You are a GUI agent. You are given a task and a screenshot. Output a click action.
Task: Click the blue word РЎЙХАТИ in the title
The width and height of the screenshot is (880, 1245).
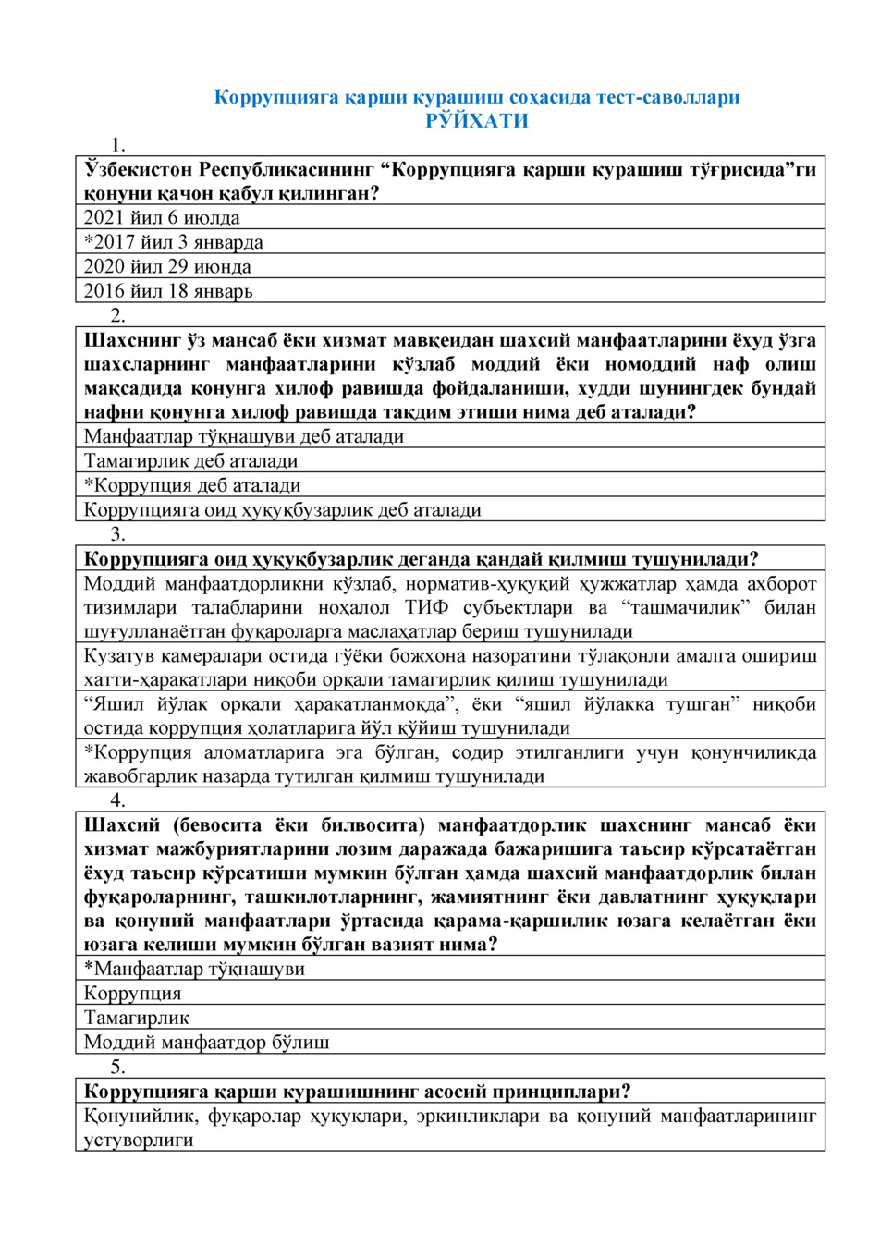477,121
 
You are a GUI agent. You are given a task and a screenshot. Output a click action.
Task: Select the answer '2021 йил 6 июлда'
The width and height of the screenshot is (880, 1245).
162,218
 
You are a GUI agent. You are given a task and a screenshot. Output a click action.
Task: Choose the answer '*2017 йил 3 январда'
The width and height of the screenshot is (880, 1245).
173,242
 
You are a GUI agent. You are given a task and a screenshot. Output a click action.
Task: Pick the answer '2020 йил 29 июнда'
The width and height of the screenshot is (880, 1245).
167,266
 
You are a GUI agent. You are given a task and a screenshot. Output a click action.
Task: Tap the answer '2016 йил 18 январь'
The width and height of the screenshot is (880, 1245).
168,291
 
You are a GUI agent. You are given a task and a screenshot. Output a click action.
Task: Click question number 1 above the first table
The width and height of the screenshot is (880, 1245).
117,145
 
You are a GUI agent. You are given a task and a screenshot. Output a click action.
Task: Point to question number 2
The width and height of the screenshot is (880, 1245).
117,315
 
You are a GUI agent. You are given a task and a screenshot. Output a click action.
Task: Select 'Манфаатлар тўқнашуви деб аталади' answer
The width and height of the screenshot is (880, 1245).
244,436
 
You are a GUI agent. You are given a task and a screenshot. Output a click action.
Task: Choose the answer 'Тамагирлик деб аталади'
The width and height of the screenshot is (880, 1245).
190,460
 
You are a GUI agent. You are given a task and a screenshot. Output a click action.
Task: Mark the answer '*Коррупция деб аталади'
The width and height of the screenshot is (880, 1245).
192,485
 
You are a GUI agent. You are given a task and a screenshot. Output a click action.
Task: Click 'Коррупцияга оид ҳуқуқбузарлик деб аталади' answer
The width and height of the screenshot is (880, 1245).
282,509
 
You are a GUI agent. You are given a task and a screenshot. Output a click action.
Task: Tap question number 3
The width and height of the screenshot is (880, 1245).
117,534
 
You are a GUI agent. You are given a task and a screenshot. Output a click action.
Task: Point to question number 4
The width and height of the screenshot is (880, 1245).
117,800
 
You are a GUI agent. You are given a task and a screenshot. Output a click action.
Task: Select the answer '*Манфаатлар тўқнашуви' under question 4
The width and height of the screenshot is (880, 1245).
194,969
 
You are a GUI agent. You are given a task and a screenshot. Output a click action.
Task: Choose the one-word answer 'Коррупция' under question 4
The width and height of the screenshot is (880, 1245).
132,994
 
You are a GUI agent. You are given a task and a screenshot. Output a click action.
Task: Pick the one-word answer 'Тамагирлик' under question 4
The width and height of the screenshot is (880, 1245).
137,1018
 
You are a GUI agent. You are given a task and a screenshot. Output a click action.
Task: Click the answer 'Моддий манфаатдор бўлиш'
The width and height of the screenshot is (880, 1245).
207,1043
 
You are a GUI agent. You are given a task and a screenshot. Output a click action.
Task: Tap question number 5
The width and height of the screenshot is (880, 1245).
117,1067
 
